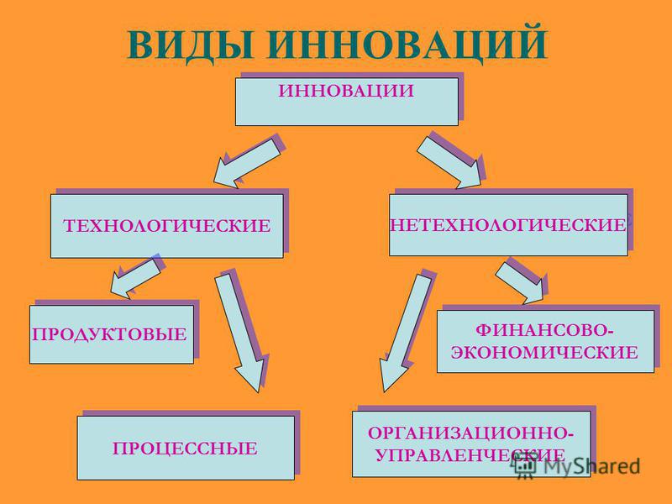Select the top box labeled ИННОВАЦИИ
[x=347, y=102]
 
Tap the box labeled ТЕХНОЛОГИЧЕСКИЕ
[x=167, y=226]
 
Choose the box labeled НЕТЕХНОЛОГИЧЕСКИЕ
[x=508, y=225]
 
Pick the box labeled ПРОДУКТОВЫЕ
[x=112, y=334]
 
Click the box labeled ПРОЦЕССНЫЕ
[x=186, y=448]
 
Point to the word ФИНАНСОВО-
[x=544, y=330]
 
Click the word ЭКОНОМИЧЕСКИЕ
[x=544, y=352]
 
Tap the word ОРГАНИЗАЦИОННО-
[x=470, y=433]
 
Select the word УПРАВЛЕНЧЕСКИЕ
[x=470, y=455]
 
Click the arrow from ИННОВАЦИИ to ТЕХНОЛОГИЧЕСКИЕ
[x=247, y=163]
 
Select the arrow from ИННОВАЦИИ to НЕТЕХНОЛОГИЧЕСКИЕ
[x=449, y=163]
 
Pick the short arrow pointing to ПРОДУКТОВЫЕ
[x=135, y=279]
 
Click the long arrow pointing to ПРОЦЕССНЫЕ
[x=240, y=333]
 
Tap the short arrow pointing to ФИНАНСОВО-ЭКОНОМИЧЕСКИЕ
[x=520, y=283]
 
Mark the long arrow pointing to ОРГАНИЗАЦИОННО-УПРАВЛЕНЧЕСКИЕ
[x=406, y=333]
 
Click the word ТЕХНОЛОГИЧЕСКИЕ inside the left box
[x=167, y=226]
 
